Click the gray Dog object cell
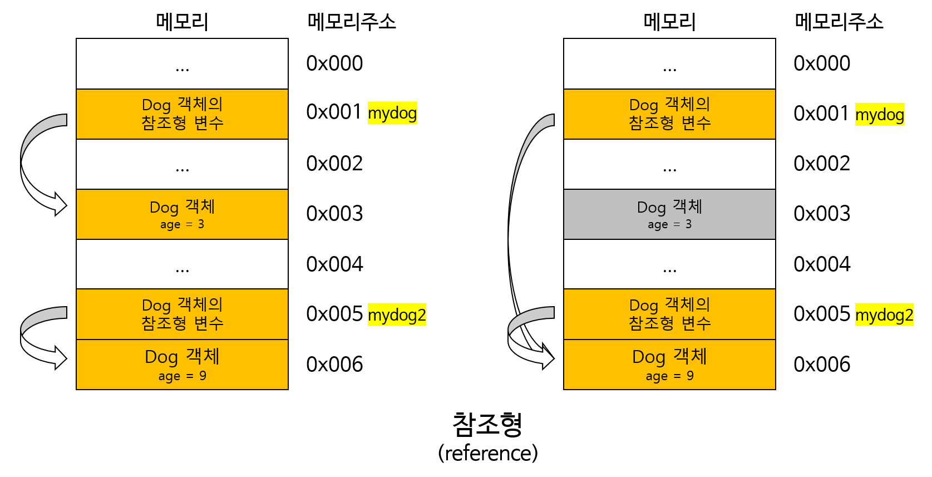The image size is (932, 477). (x=669, y=214)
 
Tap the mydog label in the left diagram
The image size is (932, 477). (x=392, y=113)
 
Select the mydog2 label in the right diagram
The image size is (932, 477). (x=884, y=315)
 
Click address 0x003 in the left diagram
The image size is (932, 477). (x=334, y=214)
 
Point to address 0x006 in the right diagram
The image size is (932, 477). (x=822, y=365)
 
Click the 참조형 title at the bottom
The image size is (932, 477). (x=487, y=425)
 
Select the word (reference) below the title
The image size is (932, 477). (x=487, y=453)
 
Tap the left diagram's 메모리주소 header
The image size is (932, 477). (x=352, y=22)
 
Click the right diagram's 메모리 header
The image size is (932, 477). (x=669, y=22)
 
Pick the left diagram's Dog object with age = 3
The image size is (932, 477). (x=182, y=214)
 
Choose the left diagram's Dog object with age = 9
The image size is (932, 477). (x=182, y=365)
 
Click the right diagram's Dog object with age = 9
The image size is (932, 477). (x=669, y=365)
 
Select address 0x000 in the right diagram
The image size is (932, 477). (x=822, y=63)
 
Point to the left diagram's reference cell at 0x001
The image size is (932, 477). (x=182, y=114)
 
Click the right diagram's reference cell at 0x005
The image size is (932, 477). (x=669, y=314)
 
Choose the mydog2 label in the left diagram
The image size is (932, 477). (x=397, y=315)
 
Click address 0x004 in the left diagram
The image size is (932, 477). (x=334, y=264)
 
